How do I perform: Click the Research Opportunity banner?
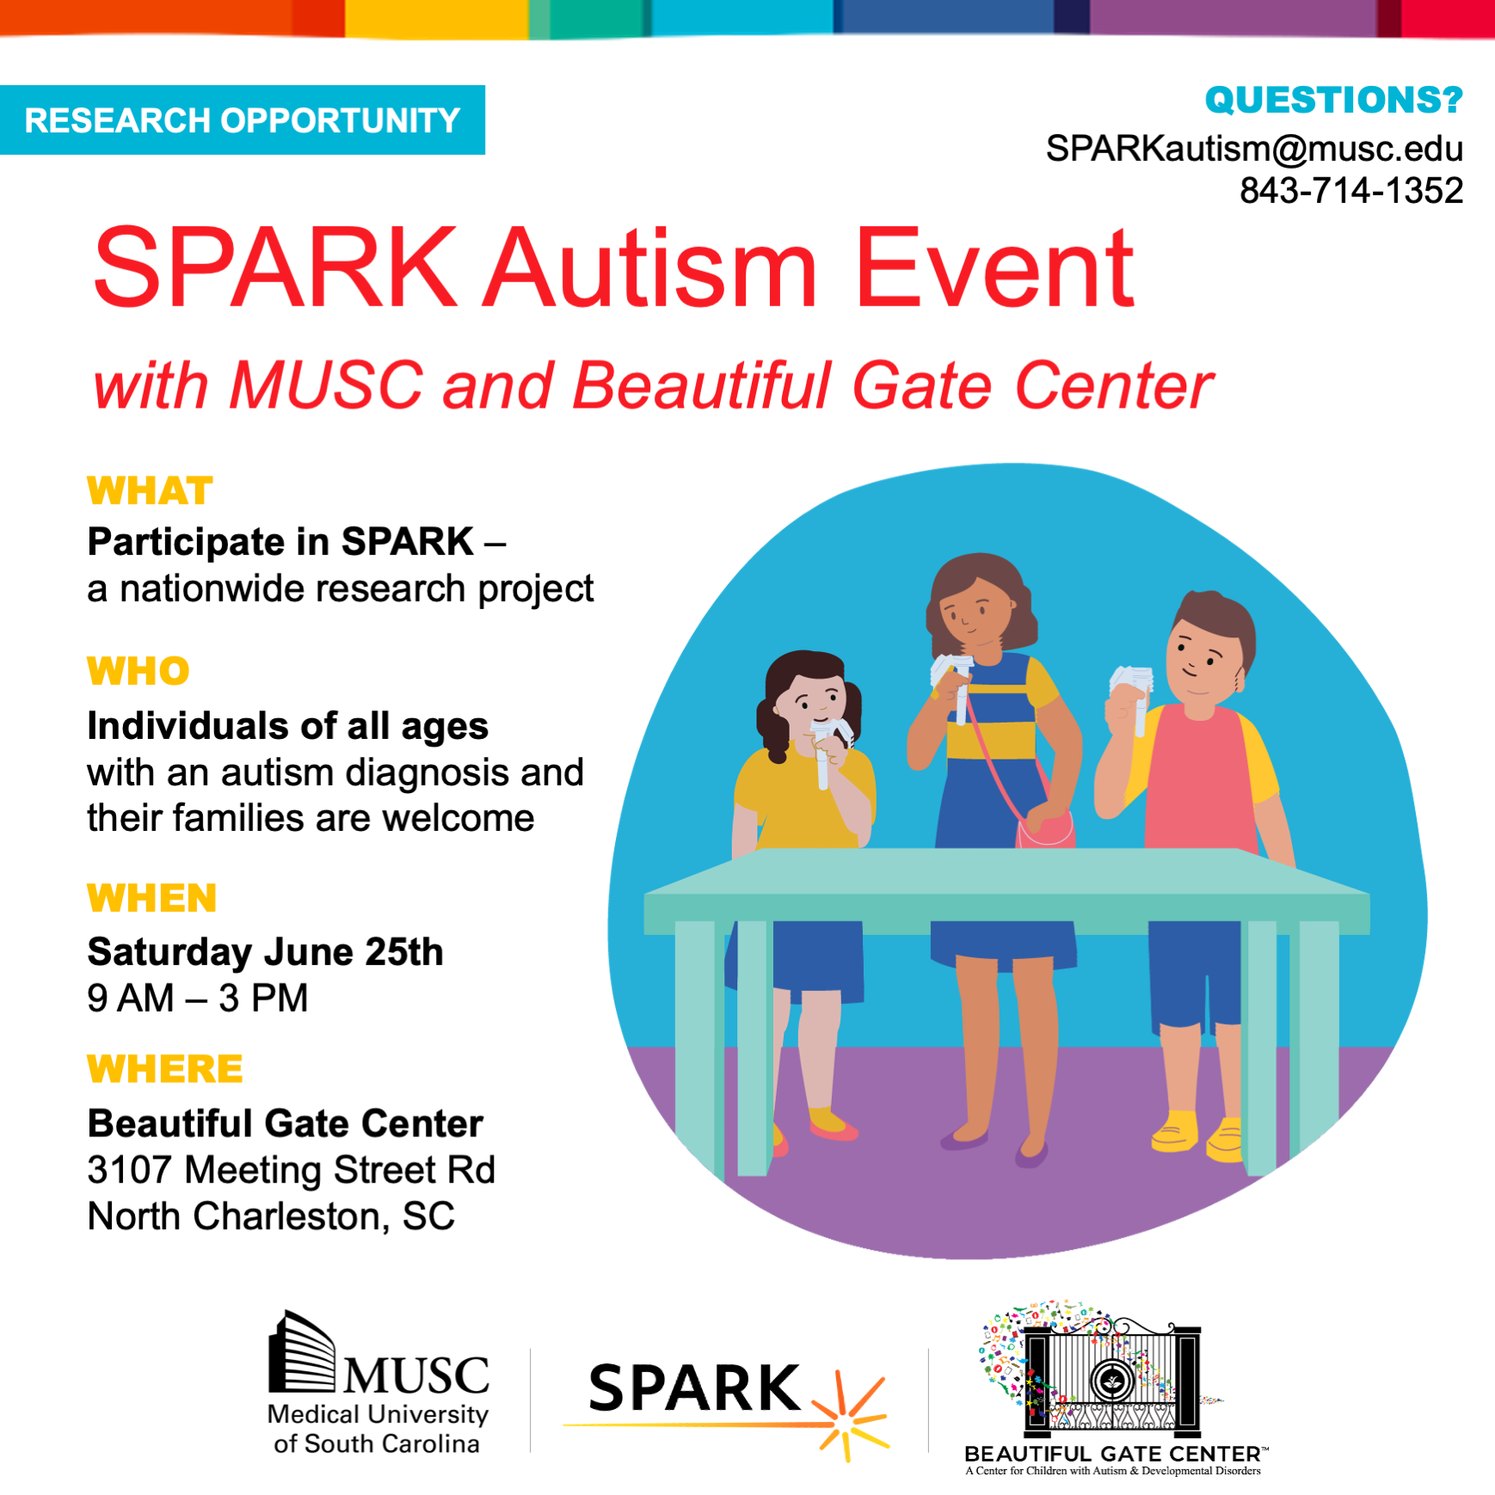click(x=242, y=120)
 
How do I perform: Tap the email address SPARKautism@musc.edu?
click(x=1254, y=149)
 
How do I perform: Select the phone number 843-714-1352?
click(x=1351, y=190)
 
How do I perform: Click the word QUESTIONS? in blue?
click(x=1333, y=100)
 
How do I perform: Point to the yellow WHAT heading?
click(x=150, y=491)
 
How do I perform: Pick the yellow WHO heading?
click(x=138, y=671)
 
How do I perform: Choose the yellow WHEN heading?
click(x=151, y=898)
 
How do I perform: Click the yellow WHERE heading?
click(x=165, y=1069)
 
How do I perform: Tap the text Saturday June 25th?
click(x=265, y=952)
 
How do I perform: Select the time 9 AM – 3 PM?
click(x=198, y=999)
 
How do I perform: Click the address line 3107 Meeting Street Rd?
click(x=292, y=1170)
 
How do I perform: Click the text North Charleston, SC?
click(x=271, y=1216)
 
